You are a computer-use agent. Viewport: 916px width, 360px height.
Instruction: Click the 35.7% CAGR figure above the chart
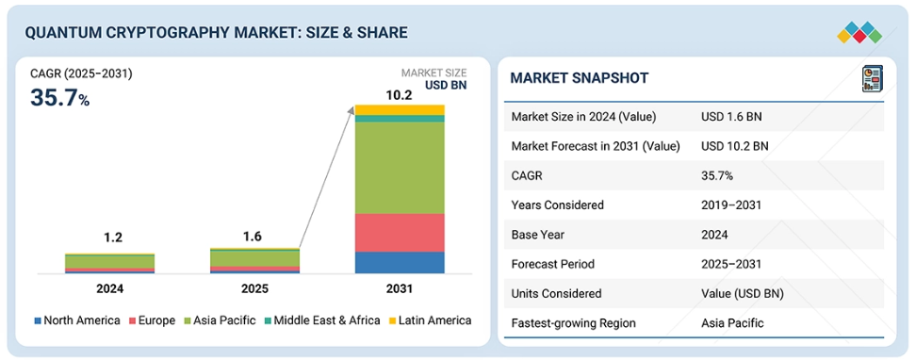[59, 98]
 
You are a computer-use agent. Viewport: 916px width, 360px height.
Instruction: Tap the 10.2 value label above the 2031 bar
[399, 94]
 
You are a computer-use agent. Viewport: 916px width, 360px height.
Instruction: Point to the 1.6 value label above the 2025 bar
[253, 237]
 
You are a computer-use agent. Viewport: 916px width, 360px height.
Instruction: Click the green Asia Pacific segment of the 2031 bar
[400, 168]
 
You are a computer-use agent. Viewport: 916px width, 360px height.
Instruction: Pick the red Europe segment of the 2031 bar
[400, 233]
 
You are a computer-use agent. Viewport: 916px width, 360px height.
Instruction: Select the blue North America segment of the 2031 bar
[400, 262]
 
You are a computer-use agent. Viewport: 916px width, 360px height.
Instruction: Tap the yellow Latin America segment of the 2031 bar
[400, 110]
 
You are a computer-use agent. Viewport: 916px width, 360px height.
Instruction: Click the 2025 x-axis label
[254, 288]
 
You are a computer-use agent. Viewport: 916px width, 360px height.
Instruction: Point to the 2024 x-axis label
[110, 288]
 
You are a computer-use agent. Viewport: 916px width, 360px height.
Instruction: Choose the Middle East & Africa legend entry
[322, 320]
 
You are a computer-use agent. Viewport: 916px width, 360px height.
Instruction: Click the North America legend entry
[77, 320]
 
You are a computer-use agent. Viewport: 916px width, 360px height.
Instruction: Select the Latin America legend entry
[430, 320]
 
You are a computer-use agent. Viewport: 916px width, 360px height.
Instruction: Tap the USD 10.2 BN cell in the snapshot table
[735, 146]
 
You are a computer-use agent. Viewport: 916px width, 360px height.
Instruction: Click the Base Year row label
[537, 235]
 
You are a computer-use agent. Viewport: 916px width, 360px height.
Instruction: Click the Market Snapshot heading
[580, 77]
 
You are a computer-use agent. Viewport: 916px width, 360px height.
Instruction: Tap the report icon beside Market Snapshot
[873, 78]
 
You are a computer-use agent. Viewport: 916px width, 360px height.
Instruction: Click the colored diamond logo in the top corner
[859, 32]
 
